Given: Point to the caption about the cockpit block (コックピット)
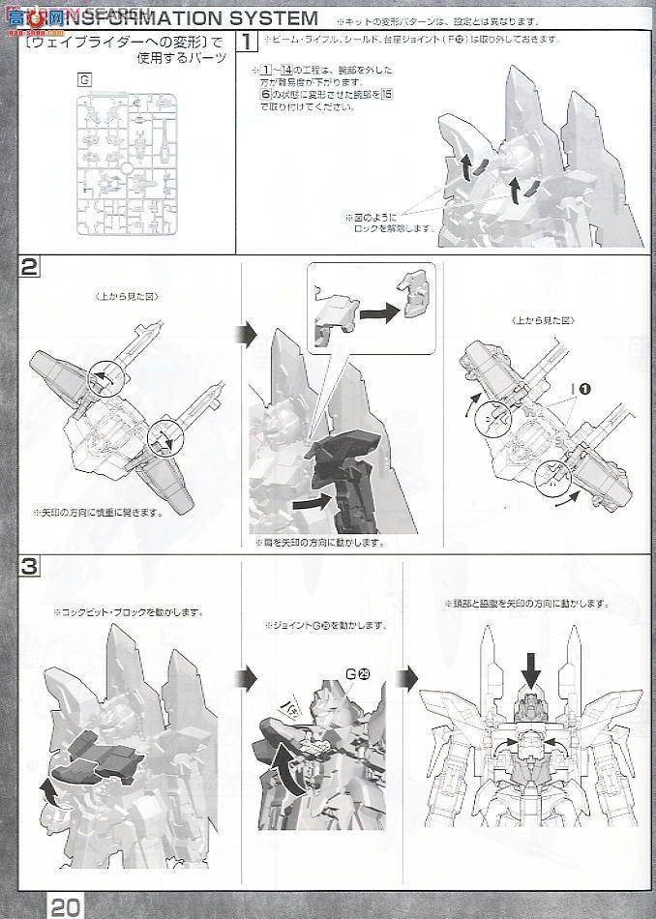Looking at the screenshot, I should coord(127,611).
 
